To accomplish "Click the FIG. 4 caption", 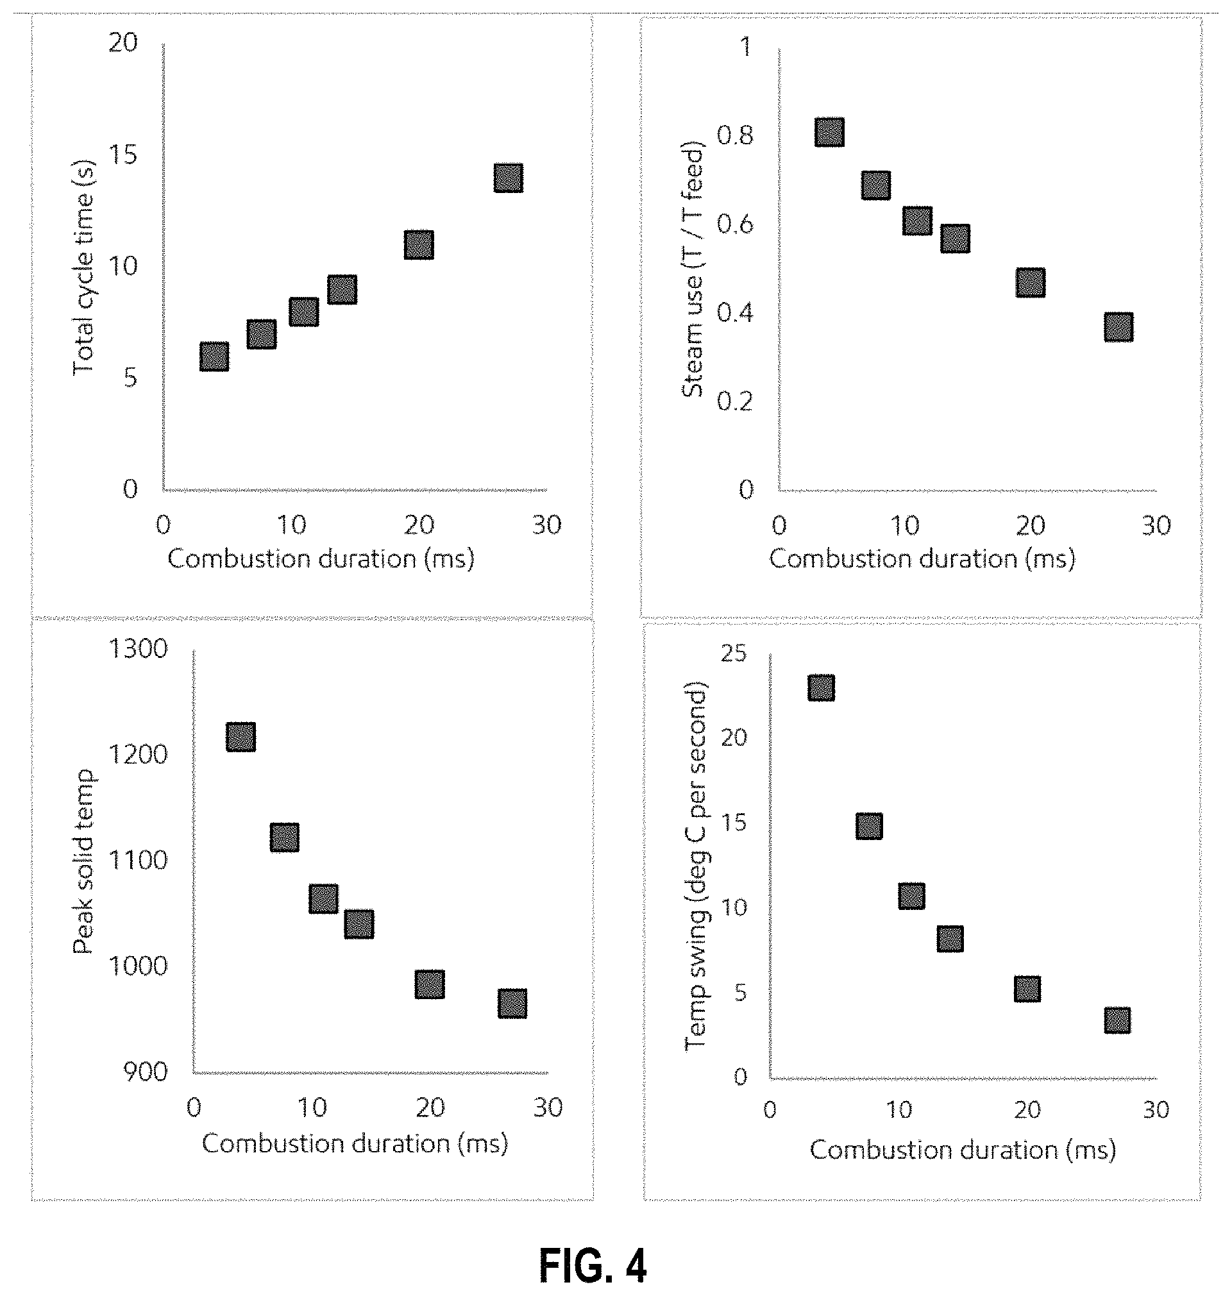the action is click(593, 1265).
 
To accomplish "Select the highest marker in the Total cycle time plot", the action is click(509, 178).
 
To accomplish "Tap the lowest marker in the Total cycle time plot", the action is click(214, 357).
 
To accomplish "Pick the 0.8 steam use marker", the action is click(829, 132).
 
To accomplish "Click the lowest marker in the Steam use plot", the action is click(1118, 327).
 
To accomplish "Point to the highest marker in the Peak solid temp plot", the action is click(240, 737).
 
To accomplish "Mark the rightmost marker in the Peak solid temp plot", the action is click(512, 1004).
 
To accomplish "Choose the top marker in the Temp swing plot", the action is click(822, 687).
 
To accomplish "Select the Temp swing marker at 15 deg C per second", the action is click(870, 826).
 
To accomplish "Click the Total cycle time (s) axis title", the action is click(83, 267).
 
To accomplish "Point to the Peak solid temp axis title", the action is click(83, 862).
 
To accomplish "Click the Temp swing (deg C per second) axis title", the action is click(695, 866).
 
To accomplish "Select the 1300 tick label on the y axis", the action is click(138, 649).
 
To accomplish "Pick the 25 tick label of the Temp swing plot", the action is click(734, 653).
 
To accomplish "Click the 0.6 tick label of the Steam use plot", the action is click(735, 224).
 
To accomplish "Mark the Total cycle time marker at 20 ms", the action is click(419, 245).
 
